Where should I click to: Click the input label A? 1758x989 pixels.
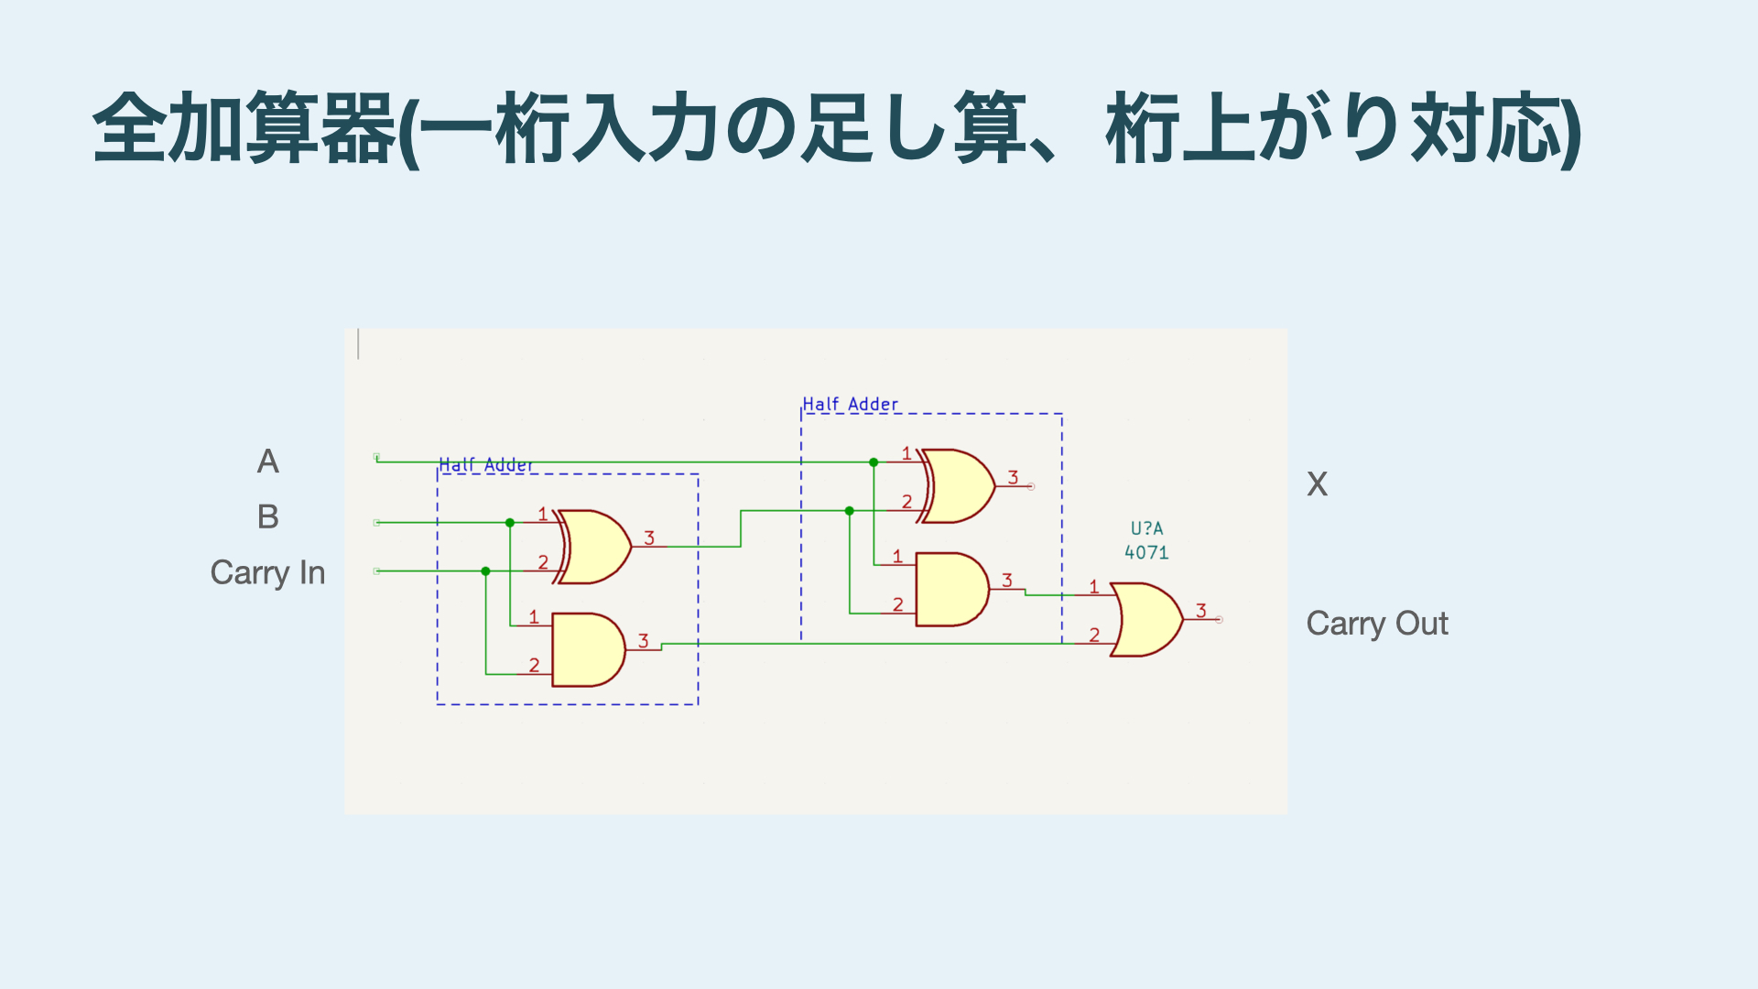(267, 462)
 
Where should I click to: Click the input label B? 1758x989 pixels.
(267, 517)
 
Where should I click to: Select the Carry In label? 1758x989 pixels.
(267, 573)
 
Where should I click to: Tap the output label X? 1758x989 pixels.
(1317, 484)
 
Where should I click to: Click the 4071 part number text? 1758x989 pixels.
(1146, 553)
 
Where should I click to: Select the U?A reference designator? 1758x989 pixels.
(1146, 529)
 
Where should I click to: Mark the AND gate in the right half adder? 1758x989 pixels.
(951, 590)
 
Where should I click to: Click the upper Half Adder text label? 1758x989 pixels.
(851, 405)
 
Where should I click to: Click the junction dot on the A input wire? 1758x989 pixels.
(874, 462)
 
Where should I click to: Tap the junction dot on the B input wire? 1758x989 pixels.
(510, 523)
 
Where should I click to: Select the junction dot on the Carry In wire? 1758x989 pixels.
(486, 571)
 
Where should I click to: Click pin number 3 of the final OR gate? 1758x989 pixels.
(1201, 611)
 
